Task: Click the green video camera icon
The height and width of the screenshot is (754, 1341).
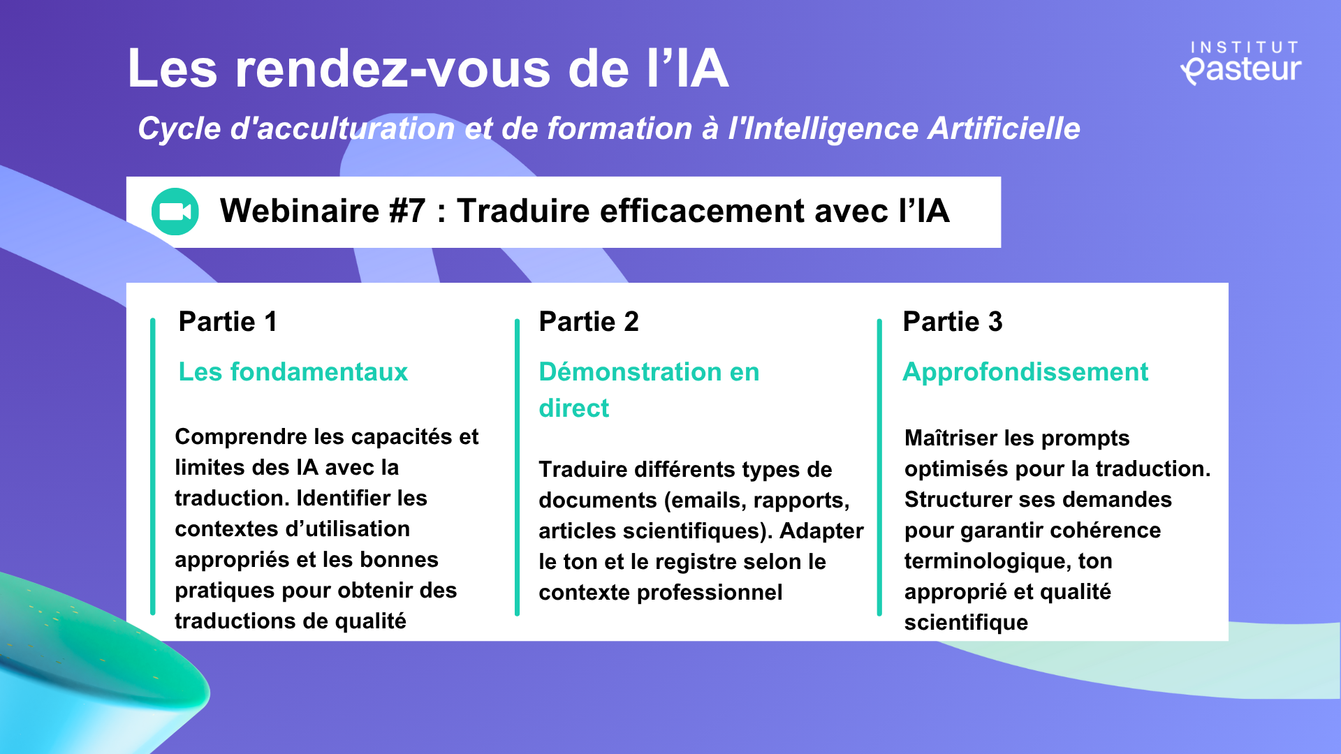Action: [175, 212]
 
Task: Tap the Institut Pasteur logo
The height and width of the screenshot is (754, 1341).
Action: [1241, 63]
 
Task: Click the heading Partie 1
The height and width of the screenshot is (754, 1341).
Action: [228, 322]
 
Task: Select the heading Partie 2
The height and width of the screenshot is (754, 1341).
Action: [589, 322]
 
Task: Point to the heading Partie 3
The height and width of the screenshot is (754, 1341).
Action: [953, 322]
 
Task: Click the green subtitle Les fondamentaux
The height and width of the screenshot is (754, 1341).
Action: [293, 372]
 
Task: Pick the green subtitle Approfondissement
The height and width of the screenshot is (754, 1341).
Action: [1025, 373]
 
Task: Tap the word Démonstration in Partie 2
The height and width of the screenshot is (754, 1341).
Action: [631, 372]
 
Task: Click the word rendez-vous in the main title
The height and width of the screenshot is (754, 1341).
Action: [393, 69]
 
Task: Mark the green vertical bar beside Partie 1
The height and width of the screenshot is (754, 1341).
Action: [153, 466]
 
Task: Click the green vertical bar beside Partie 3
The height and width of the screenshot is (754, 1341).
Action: [879, 466]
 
